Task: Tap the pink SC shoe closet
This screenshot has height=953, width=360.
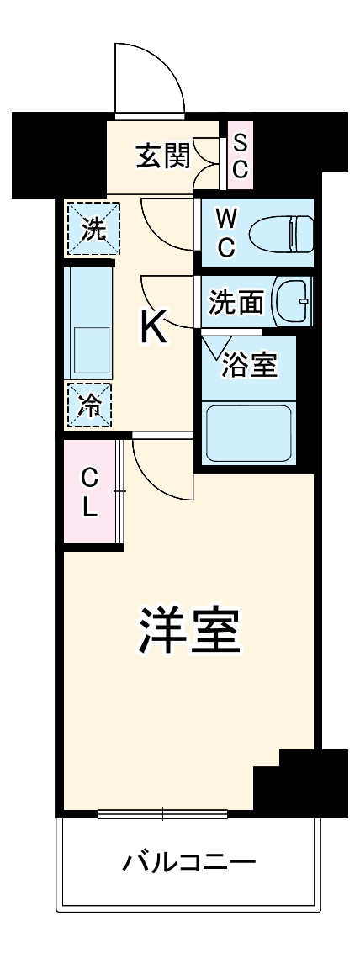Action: point(240,156)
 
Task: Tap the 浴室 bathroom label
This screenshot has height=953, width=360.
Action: point(250,366)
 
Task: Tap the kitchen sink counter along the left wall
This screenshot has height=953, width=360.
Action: point(91,324)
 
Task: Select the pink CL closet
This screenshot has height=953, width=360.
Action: point(91,492)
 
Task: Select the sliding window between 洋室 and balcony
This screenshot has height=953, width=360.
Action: point(162,813)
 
